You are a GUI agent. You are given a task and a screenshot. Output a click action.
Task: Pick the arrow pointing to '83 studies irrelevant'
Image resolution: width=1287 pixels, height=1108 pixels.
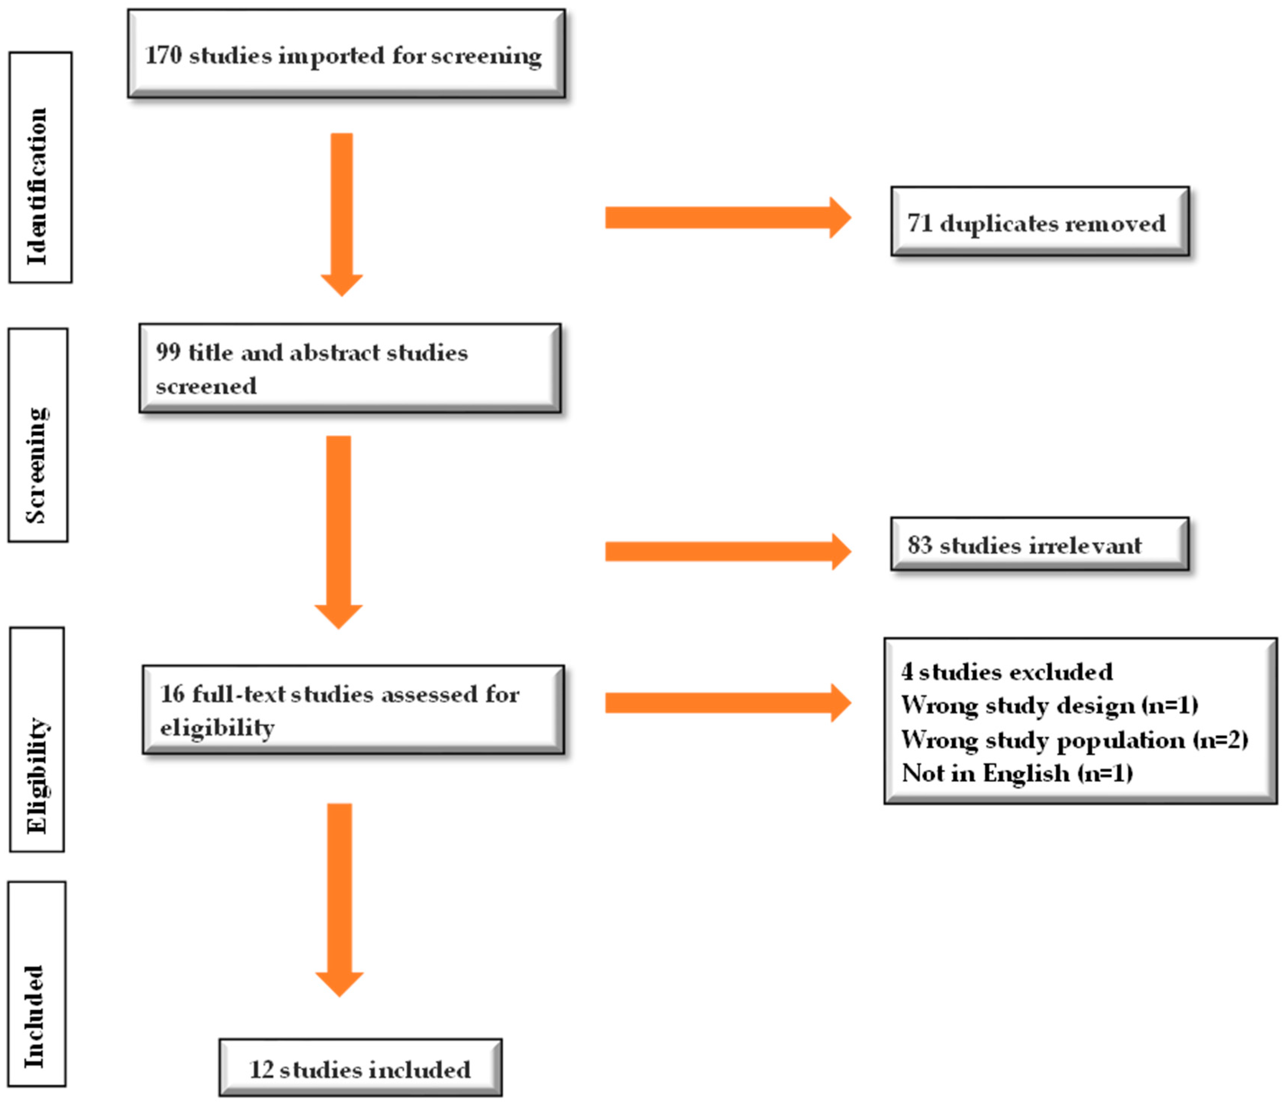click(727, 551)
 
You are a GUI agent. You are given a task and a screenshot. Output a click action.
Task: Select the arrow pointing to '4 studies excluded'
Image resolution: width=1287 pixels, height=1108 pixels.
click(727, 703)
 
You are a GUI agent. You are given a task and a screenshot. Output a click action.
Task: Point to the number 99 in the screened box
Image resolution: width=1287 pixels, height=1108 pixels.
click(168, 352)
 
